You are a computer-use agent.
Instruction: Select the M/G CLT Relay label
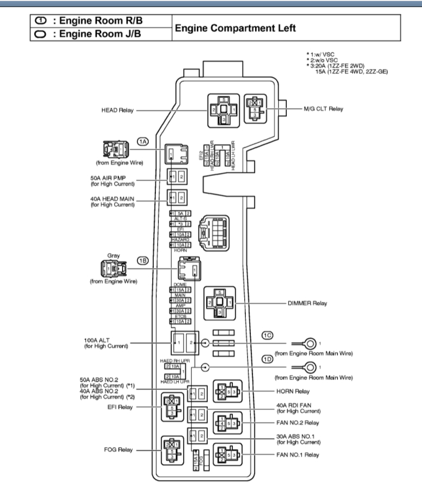tap(323, 109)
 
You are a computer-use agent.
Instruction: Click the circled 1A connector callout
tap(142, 142)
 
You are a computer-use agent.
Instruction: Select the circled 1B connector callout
tap(142, 261)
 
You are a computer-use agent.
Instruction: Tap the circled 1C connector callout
tap(267, 334)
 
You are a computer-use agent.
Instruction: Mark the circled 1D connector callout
tap(267, 358)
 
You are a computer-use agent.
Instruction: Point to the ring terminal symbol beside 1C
tap(309, 343)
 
